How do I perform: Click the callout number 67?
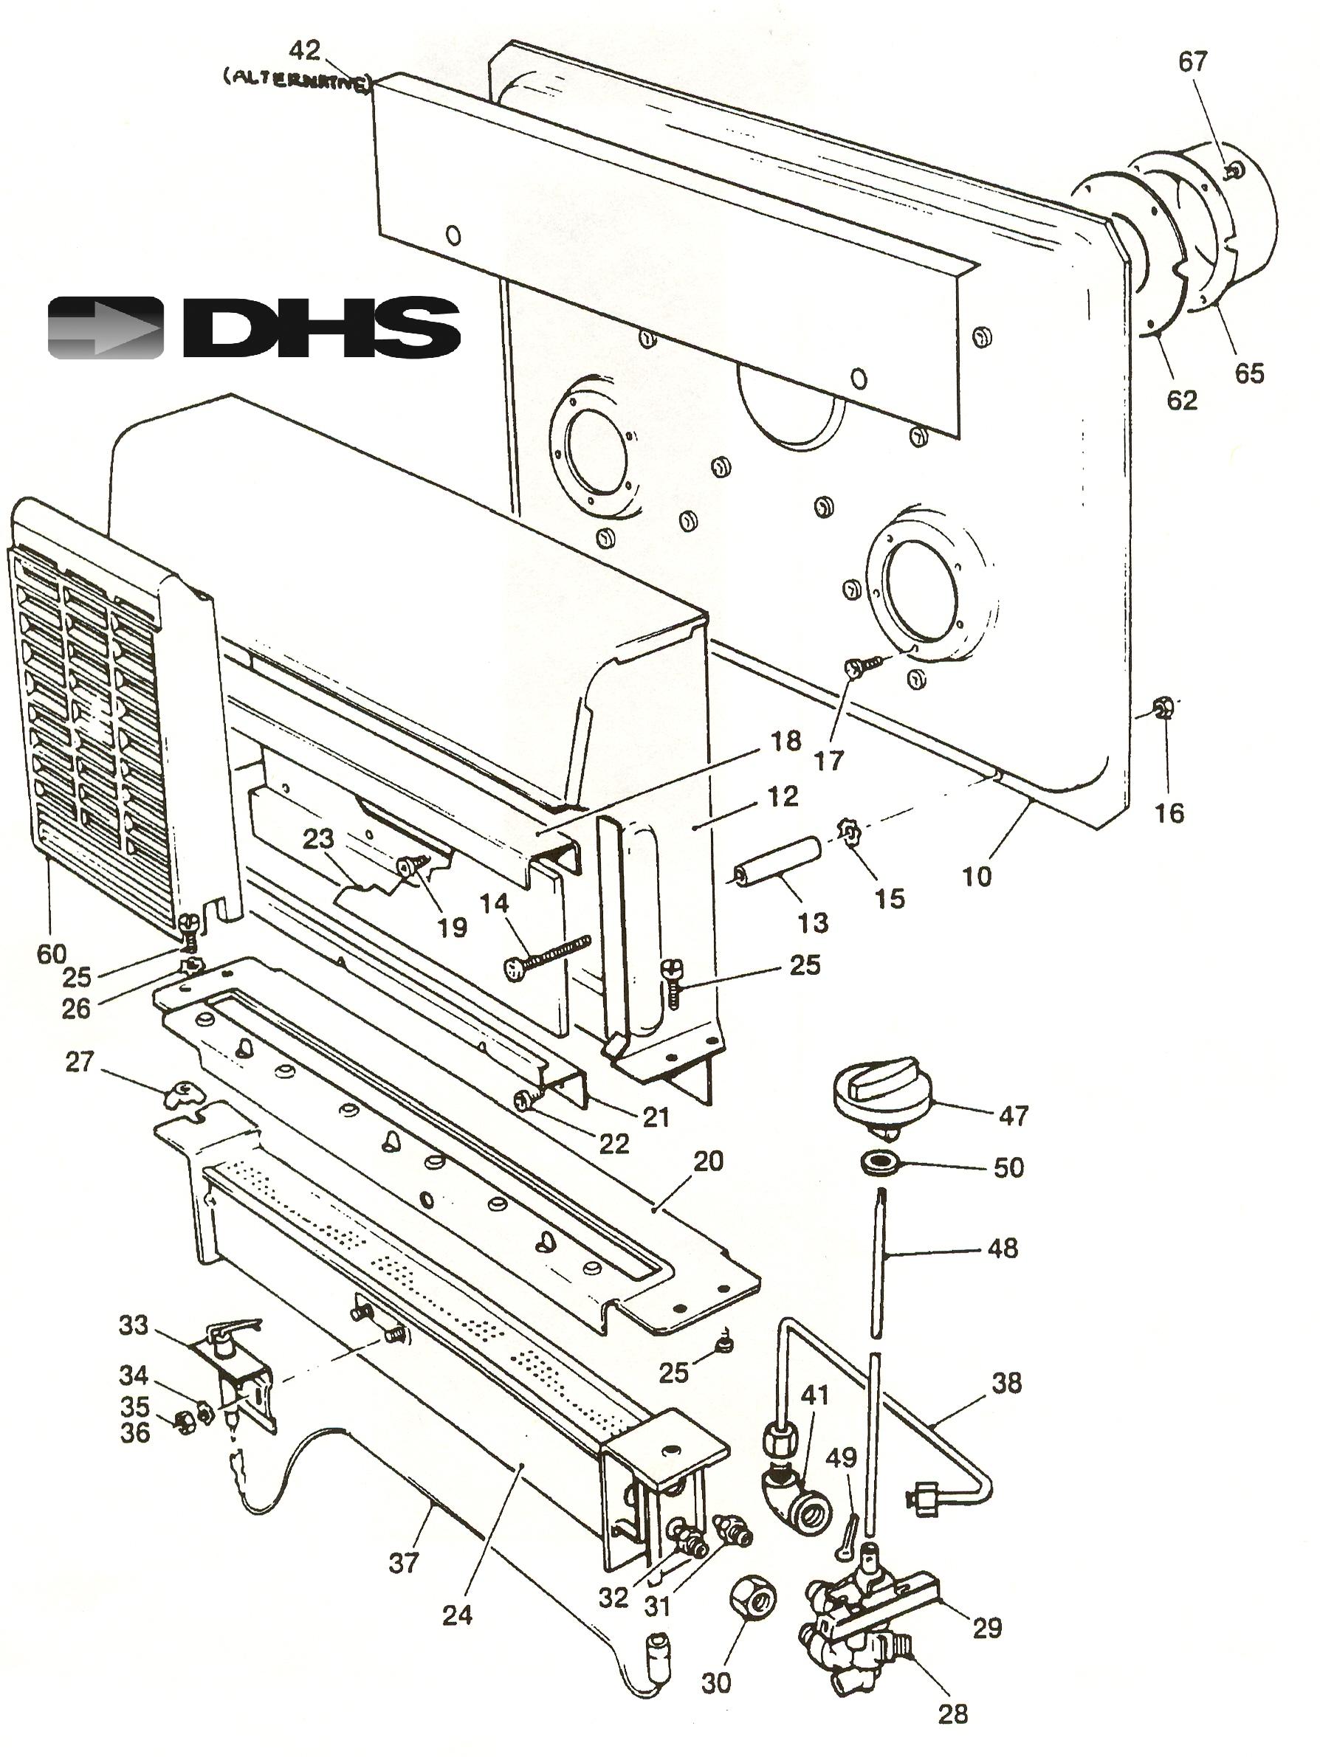(x=1192, y=61)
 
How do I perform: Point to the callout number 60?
(x=51, y=953)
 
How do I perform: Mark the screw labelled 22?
(x=526, y=1100)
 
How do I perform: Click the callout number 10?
(x=977, y=876)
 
